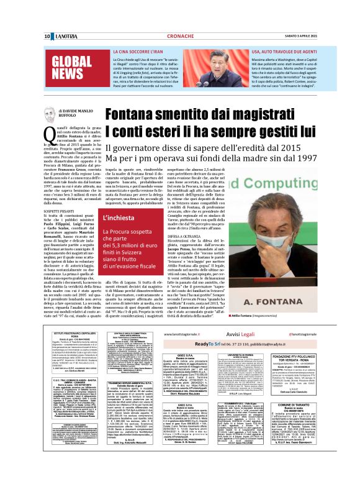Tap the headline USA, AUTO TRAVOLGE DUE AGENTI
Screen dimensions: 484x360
tap(285, 53)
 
